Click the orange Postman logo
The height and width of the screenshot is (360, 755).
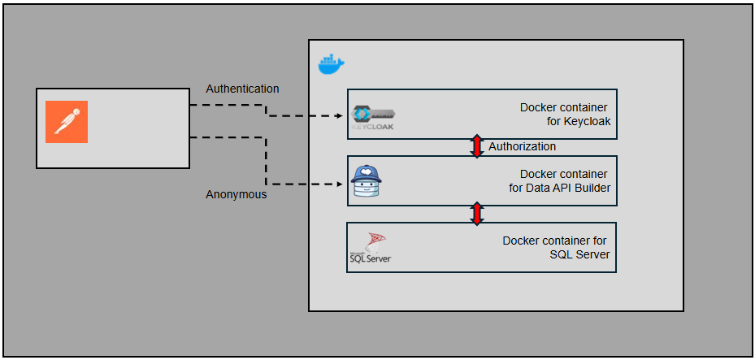point(66,122)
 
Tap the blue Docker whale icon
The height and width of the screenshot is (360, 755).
point(331,64)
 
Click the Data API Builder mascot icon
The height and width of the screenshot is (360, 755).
point(368,182)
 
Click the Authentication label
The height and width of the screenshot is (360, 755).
point(242,89)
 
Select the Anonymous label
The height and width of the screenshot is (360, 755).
point(236,194)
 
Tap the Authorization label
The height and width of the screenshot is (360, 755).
point(522,146)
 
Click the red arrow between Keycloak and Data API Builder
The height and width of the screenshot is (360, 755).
point(478,146)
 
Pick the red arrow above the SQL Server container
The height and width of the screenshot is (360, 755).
point(478,213)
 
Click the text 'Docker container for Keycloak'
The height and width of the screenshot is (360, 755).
point(564,115)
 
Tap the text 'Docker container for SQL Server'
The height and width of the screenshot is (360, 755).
point(555,248)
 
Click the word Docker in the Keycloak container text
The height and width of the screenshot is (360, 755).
point(539,107)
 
